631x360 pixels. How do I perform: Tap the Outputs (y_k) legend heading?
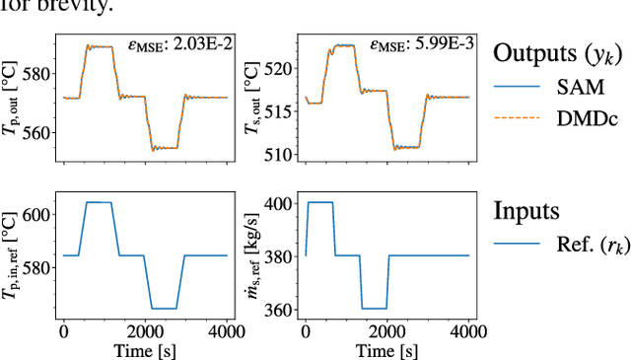[560, 51]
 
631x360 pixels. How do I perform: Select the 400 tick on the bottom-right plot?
[283, 203]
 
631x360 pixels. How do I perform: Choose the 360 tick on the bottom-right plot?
[283, 309]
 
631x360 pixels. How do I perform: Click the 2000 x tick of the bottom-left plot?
[146, 330]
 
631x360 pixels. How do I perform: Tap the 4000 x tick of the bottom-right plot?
[468, 330]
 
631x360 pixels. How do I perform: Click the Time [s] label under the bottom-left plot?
[146, 348]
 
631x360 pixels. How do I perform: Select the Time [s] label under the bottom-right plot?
[386, 348]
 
